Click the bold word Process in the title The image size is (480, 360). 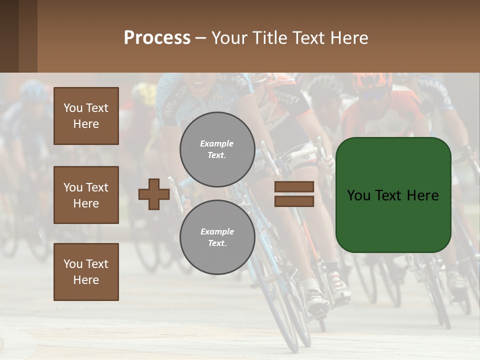pyautogui.click(x=157, y=37)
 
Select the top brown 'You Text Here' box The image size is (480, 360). pyautogui.click(x=86, y=116)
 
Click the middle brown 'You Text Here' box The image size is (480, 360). pyautogui.click(x=86, y=195)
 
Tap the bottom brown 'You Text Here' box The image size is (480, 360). pyautogui.click(x=86, y=272)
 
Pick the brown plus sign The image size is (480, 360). pyautogui.click(x=154, y=194)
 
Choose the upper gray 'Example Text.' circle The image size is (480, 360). pyautogui.click(x=217, y=149)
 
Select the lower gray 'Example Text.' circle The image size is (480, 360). pyautogui.click(x=217, y=237)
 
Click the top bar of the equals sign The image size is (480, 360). pyautogui.click(x=294, y=186)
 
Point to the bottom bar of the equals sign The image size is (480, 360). pyautogui.click(x=294, y=201)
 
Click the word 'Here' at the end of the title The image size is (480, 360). pyautogui.click(x=348, y=38)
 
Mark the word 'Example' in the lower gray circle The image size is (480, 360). pyautogui.click(x=217, y=231)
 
